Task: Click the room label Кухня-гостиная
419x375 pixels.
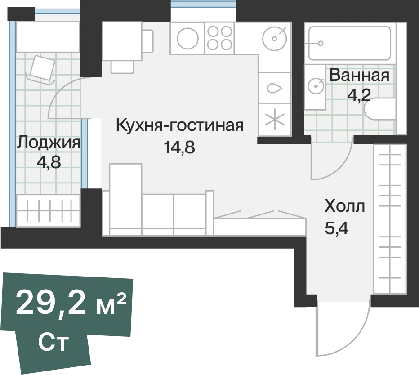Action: [x=180, y=125]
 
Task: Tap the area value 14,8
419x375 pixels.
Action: [x=179, y=147]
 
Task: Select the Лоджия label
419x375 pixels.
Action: [x=49, y=142]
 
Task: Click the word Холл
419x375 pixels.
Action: [x=344, y=206]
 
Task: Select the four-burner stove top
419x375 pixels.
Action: [x=219, y=38]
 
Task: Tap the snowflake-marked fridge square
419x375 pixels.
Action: [x=275, y=120]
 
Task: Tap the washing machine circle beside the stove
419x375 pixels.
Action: [x=187, y=38]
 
